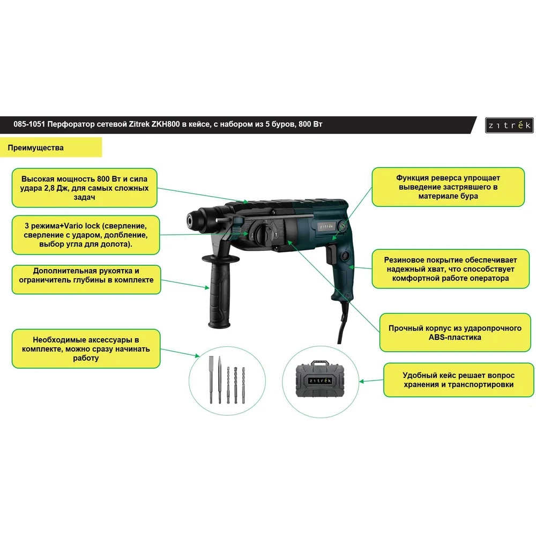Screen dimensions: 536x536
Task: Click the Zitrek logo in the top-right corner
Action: pyautogui.click(x=509, y=125)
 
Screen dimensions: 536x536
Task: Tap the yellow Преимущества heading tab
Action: pyautogui.click(x=51, y=147)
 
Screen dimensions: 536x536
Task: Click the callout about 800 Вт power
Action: pyautogui.click(x=85, y=188)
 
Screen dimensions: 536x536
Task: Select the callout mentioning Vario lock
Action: pyautogui.click(x=86, y=235)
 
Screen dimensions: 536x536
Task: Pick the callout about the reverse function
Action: pyautogui.click(x=448, y=187)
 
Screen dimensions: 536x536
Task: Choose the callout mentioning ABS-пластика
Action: pyautogui.click(x=455, y=333)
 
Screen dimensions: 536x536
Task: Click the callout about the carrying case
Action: pyautogui.click(x=458, y=380)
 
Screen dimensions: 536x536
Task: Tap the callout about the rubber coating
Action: pyautogui.click(x=451, y=269)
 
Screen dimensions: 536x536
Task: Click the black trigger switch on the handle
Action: pyautogui.click(x=331, y=254)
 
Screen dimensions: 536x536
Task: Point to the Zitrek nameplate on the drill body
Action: pyautogui.click(x=326, y=226)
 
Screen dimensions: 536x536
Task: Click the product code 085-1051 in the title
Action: pyautogui.click(x=29, y=124)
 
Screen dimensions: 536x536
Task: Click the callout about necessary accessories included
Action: pyautogui.click(x=86, y=349)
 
